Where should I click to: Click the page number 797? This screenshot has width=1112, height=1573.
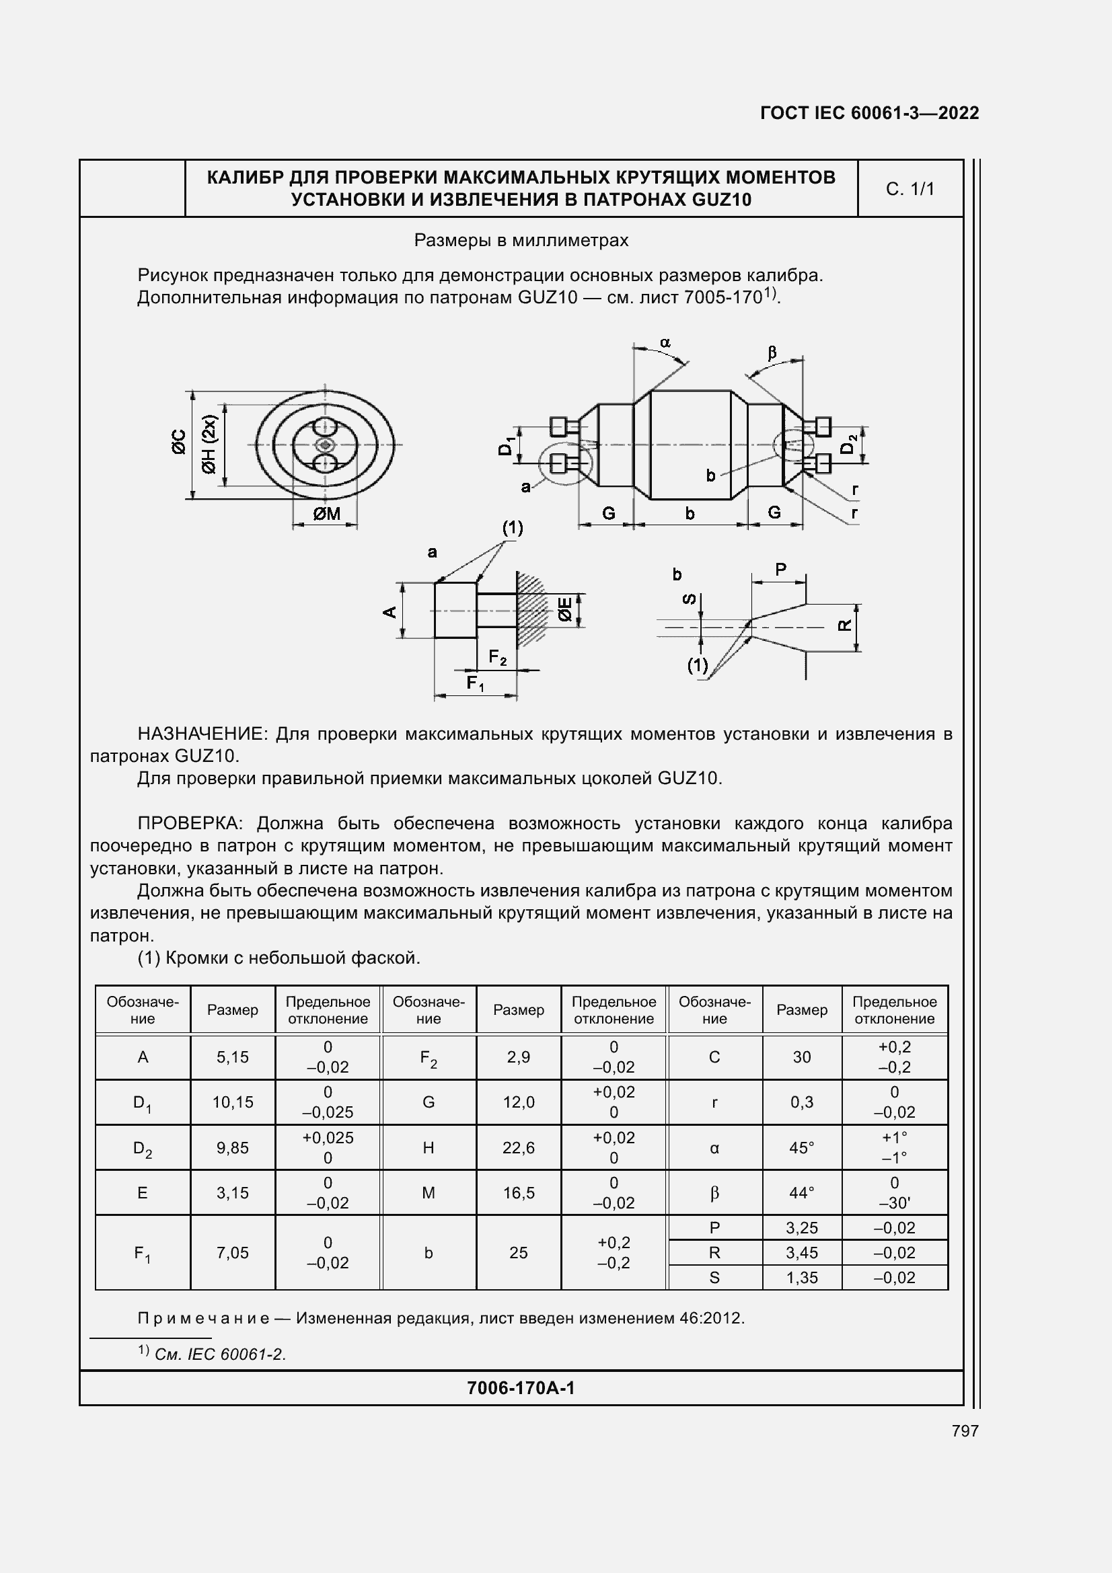click(x=965, y=1430)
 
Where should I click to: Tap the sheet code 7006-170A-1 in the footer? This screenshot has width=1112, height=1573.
click(x=521, y=1387)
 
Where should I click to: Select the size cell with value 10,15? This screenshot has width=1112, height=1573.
click(x=233, y=1102)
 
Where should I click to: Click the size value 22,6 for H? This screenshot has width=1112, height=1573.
click(x=519, y=1147)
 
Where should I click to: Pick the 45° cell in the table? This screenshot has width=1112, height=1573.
click(x=802, y=1147)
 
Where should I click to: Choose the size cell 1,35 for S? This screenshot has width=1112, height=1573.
click(x=802, y=1277)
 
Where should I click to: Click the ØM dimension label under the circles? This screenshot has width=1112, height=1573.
click(x=326, y=514)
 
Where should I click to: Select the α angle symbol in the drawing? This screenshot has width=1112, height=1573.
click(x=665, y=342)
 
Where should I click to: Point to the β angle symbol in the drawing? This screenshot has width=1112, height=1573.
click(x=772, y=353)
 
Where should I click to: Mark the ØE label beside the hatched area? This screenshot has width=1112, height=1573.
click(x=564, y=609)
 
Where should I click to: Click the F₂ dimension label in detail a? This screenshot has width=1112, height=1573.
click(x=497, y=658)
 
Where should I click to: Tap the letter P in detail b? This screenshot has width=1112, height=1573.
click(x=780, y=570)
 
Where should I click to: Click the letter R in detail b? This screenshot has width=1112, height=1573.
click(x=846, y=625)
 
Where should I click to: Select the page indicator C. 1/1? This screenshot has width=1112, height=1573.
click(x=910, y=189)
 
